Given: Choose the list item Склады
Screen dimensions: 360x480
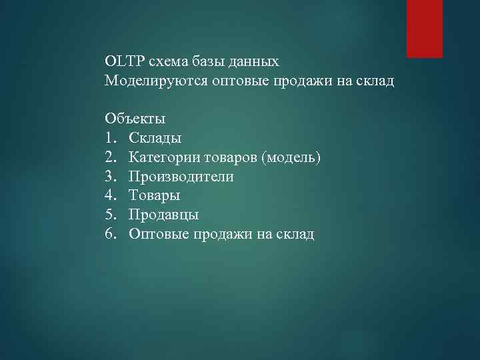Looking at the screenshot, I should pyautogui.click(x=155, y=139).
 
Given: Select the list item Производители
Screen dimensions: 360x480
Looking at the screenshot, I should pyautogui.click(x=181, y=177).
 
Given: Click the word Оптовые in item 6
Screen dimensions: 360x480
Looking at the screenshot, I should pyautogui.click(x=159, y=235).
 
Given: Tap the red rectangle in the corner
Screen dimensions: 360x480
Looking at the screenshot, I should pyautogui.click(x=425, y=29).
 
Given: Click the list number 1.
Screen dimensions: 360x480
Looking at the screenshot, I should pyautogui.click(x=110, y=139).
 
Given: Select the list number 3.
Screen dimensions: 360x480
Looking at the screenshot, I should pyautogui.click(x=110, y=177).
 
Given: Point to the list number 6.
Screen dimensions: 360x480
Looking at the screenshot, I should pyautogui.click(x=110, y=235).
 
